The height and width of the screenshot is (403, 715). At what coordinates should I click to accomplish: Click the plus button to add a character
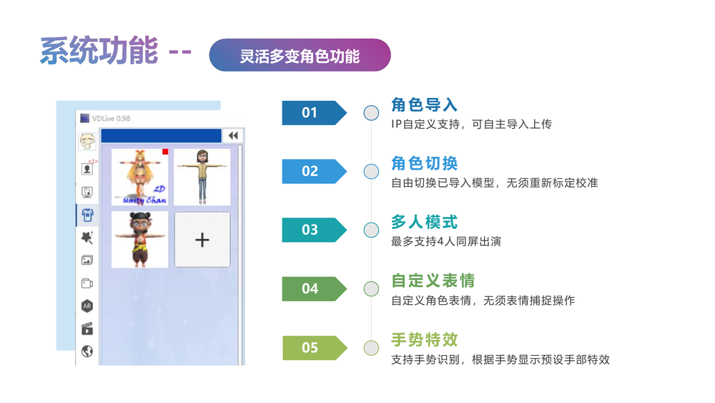tap(202, 240)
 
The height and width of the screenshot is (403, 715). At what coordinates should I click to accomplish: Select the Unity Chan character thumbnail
tap(139, 177)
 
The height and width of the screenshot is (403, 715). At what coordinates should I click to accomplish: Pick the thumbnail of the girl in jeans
tap(202, 177)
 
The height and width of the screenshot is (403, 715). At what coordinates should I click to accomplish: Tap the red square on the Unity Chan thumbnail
tap(165, 152)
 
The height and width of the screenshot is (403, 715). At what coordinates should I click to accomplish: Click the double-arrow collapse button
tap(232, 136)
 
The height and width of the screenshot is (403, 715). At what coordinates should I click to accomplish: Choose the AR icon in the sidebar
tap(87, 306)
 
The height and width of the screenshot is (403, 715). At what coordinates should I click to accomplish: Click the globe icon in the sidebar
tap(87, 351)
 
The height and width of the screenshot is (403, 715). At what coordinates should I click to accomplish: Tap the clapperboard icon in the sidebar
tap(87, 329)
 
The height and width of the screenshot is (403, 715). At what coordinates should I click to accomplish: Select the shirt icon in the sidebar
tap(87, 215)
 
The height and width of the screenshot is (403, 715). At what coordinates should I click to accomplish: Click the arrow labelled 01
tap(313, 112)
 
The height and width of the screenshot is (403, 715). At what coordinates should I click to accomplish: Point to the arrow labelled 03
tap(313, 230)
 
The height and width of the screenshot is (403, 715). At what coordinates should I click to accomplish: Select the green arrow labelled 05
tap(313, 348)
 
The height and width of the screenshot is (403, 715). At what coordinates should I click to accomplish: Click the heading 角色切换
tap(424, 163)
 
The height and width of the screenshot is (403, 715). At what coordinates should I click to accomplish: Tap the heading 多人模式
tap(424, 222)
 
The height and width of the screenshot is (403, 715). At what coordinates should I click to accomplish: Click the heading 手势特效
tap(424, 339)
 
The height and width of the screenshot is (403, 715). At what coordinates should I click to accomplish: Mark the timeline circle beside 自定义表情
tap(371, 288)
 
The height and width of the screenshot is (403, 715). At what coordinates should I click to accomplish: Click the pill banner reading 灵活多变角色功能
tap(300, 55)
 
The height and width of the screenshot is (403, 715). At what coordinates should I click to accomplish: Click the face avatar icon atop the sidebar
tap(87, 140)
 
